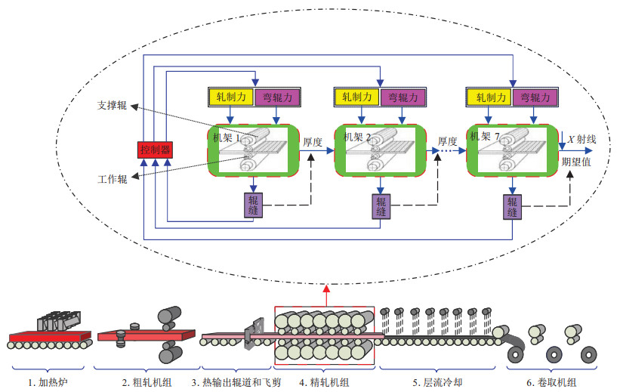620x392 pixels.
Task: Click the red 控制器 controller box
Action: [156, 150]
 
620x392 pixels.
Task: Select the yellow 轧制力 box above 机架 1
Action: [231, 97]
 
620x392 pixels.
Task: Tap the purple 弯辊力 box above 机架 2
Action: [406, 97]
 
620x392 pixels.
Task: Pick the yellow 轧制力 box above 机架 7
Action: [489, 97]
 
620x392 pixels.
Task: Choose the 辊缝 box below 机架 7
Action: [513, 207]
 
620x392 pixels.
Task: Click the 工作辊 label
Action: [112, 179]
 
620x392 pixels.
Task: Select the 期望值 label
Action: [576, 162]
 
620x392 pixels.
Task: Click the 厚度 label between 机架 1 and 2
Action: [313, 141]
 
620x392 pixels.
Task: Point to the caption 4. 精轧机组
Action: [324, 382]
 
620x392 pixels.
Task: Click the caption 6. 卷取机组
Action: [551, 382]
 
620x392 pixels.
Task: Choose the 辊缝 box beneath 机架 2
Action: [381, 205]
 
